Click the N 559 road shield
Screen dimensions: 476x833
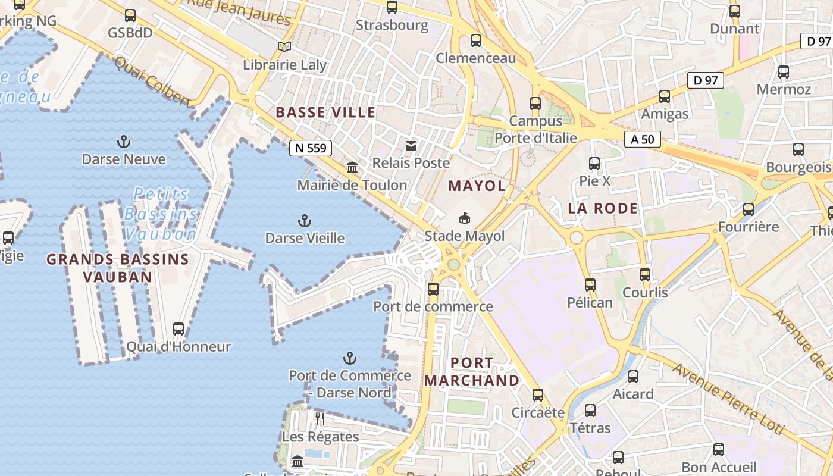pos(310,148)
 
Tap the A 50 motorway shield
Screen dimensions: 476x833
pos(643,140)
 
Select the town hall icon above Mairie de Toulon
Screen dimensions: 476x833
pos(352,168)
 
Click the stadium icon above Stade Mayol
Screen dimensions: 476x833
pos(465,218)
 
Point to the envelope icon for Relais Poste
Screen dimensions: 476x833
pos(411,146)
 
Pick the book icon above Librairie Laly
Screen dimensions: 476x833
pos(285,46)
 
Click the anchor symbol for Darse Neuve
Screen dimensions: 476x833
pos(124,142)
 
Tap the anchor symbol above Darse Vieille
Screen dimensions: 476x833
pos(304,221)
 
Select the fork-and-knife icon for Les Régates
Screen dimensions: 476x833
pos(320,419)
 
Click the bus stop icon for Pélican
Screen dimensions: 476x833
pos(590,285)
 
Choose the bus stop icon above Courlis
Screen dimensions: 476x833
pos(645,275)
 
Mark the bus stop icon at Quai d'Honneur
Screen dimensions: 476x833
pos(178,328)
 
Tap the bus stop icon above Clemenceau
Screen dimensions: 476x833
pos(475,40)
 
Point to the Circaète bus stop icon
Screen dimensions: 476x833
pos(538,395)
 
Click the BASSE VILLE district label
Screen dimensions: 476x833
pos(325,112)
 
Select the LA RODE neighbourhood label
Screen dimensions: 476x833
pos(603,208)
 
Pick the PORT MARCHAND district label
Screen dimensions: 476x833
pos(472,371)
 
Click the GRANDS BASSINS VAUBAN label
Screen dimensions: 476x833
pos(117,268)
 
